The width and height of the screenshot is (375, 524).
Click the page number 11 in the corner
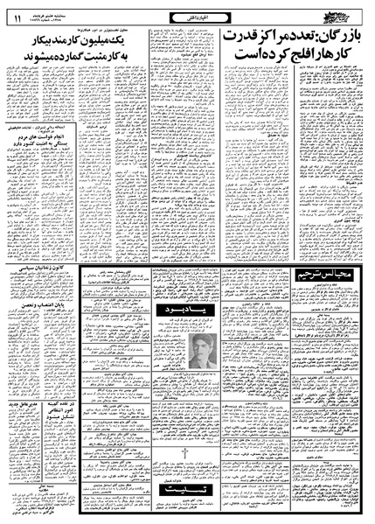click(15, 10)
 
